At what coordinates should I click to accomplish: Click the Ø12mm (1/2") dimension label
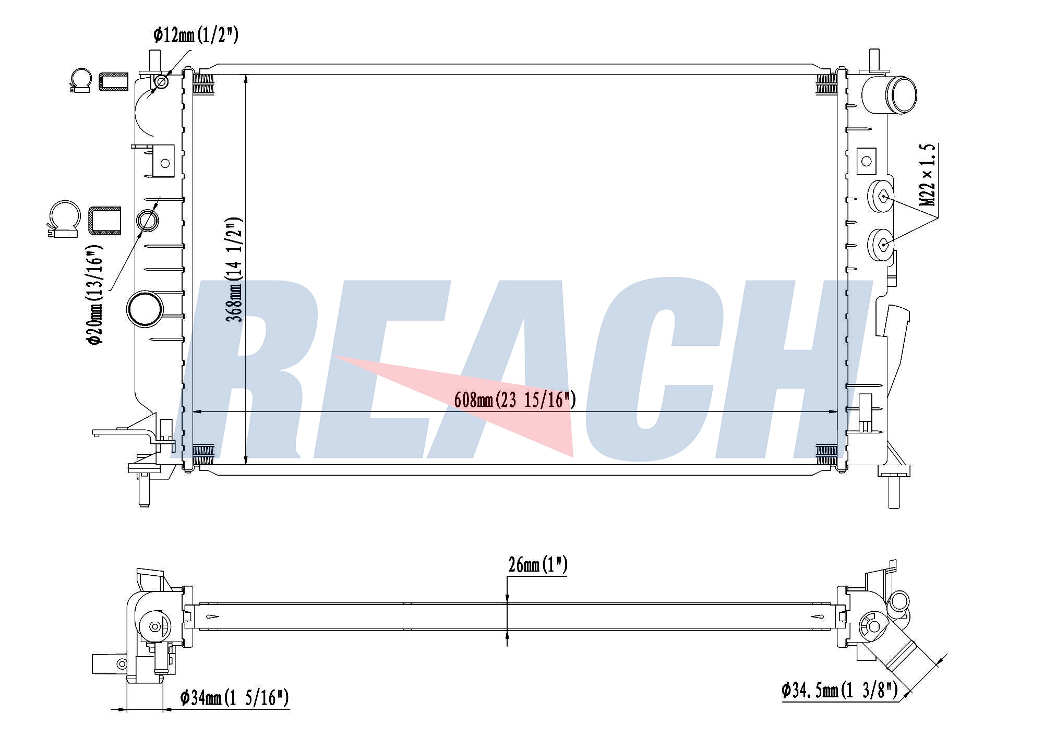(x=196, y=35)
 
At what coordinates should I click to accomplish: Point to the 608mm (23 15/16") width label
(x=515, y=400)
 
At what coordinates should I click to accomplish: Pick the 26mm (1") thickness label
(x=537, y=565)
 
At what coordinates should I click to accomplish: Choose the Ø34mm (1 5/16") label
(x=234, y=697)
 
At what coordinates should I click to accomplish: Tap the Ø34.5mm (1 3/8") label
(x=839, y=691)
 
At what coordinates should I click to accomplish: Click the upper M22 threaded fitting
(x=880, y=196)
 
